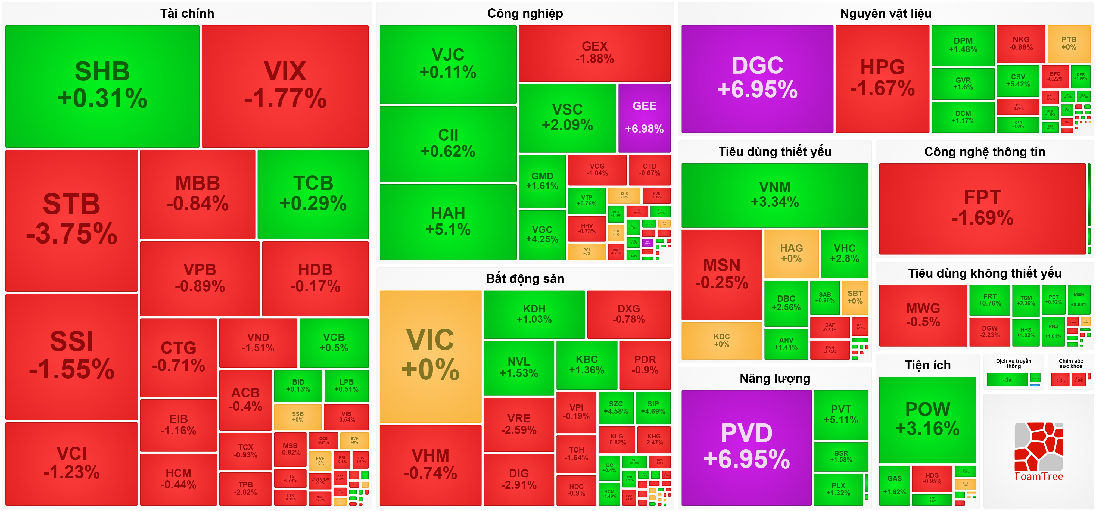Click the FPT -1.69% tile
982,208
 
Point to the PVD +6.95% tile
746,447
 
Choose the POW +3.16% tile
927,419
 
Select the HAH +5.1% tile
448,221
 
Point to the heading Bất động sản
525,279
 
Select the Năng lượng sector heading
774,378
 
